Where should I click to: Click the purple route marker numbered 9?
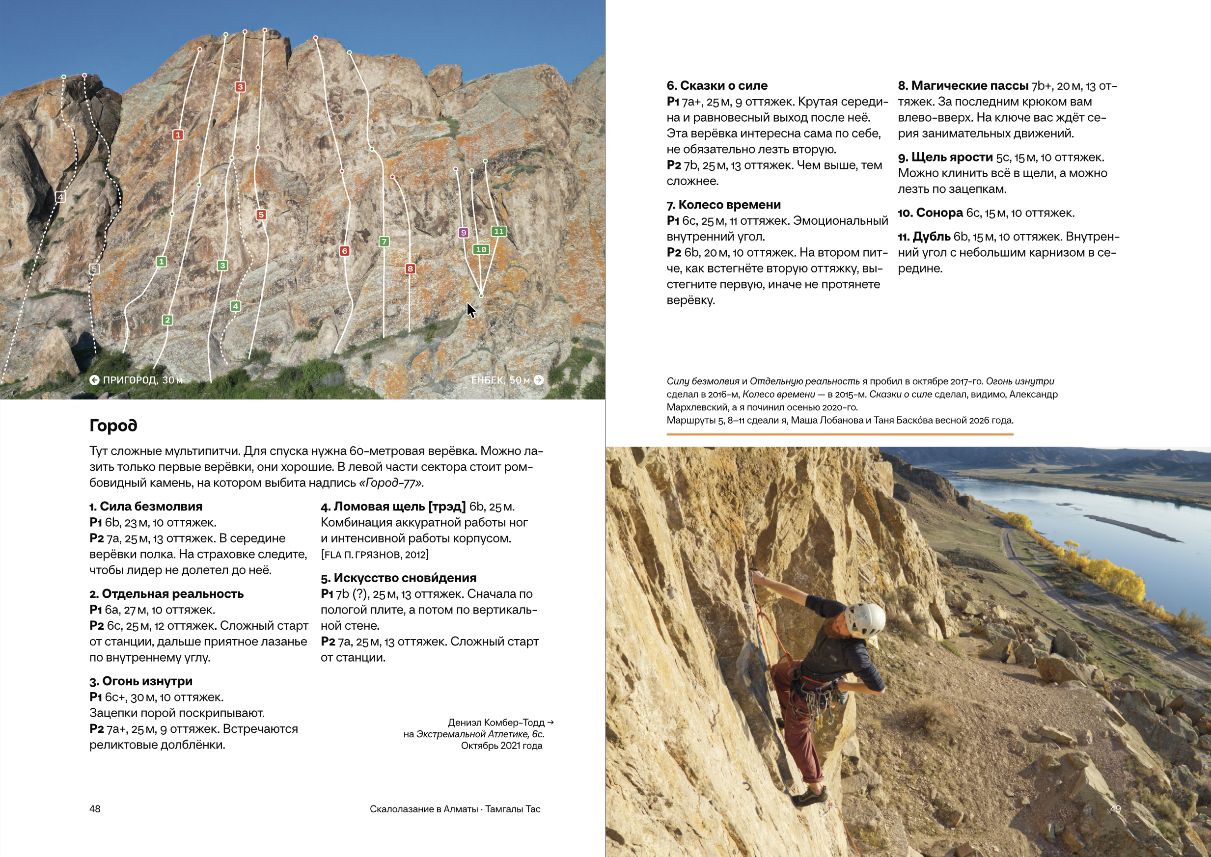click(x=463, y=232)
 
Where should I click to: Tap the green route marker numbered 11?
click(x=498, y=231)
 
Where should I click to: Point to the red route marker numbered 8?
click(x=410, y=269)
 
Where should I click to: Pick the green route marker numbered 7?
click(x=385, y=241)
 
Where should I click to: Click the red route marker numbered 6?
click(x=344, y=251)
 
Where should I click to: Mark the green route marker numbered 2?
click(x=167, y=320)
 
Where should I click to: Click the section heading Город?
click(x=113, y=426)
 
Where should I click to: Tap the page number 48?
click(x=95, y=809)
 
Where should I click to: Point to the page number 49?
click(x=1115, y=809)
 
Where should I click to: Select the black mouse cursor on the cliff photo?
click(x=471, y=310)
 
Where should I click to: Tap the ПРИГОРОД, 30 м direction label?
click(x=136, y=380)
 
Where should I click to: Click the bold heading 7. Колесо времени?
click(x=723, y=205)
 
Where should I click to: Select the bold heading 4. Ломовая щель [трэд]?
click(x=393, y=507)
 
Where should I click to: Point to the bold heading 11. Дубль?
click(x=924, y=237)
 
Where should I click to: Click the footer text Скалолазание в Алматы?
click(x=423, y=809)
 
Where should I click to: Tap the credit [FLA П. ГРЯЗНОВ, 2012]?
click(x=374, y=555)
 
